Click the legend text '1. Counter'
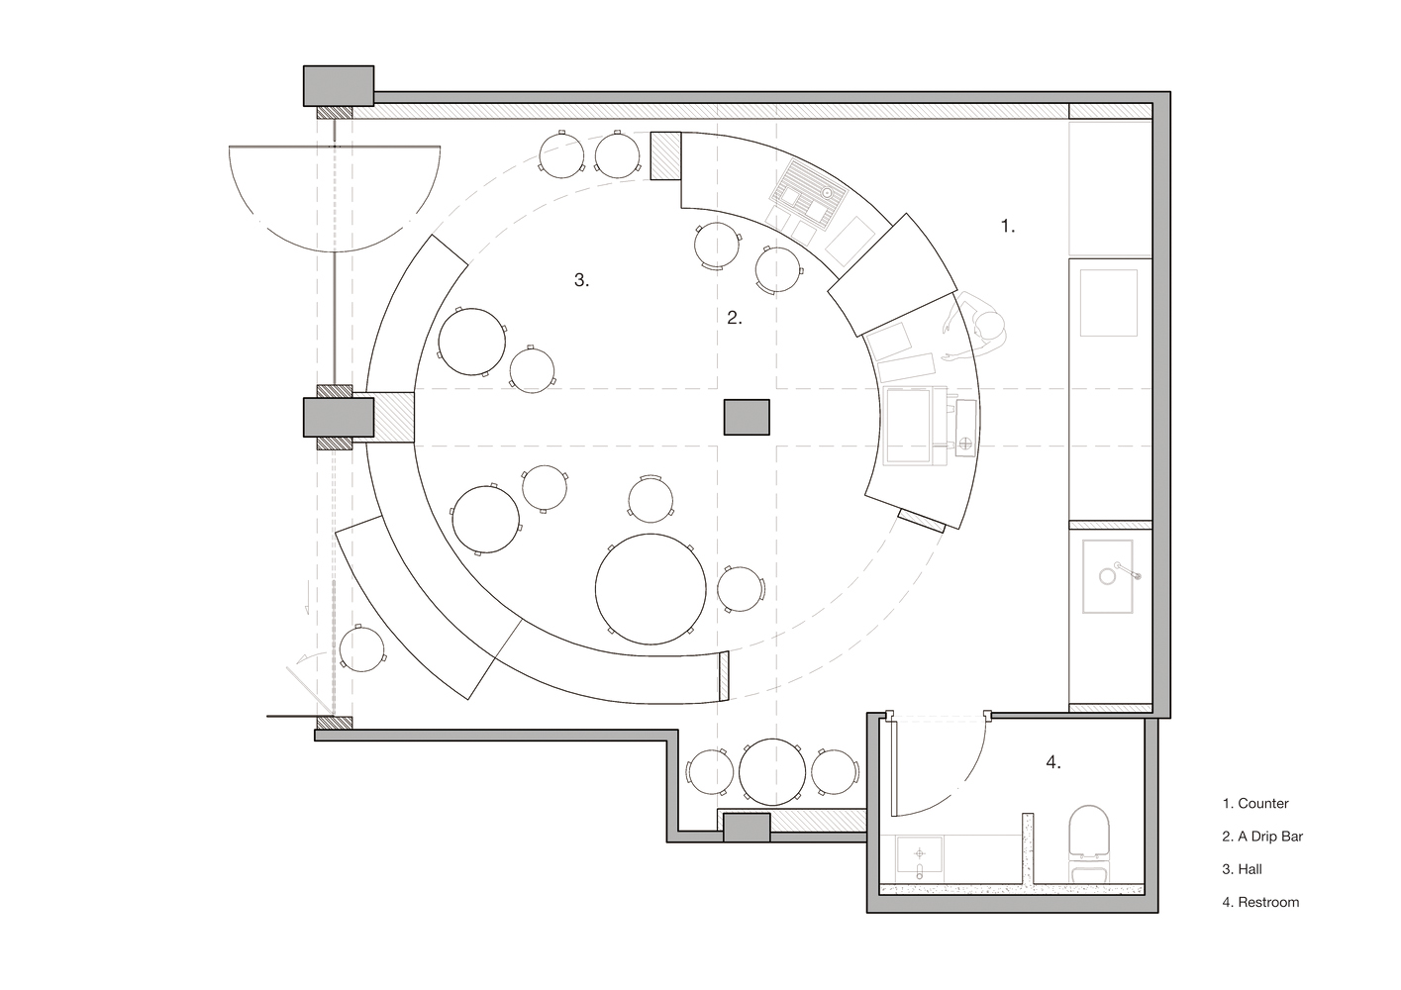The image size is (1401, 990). [x=1254, y=804]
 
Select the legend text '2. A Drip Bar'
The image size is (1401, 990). [x=1261, y=837]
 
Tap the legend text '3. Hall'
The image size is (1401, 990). [x=1242, y=869]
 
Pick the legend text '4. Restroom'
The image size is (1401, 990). [x=1259, y=902]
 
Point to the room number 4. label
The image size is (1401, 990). [x=1053, y=762]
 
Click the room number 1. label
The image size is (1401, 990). [x=1007, y=226]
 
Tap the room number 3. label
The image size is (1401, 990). [x=581, y=280]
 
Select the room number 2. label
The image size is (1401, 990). [x=734, y=318]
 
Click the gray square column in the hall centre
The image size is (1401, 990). [x=747, y=417]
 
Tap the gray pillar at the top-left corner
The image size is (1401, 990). [x=338, y=85]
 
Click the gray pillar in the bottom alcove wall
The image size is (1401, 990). [x=747, y=828]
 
